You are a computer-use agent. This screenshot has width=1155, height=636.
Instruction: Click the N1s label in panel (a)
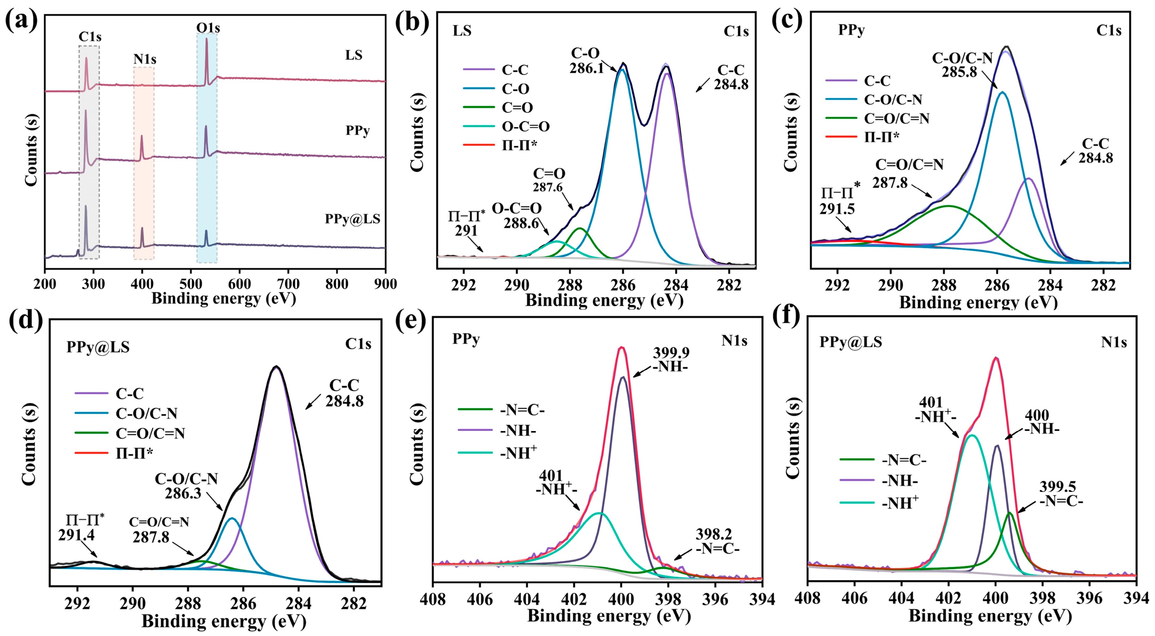pyautogui.click(x=144, y=59)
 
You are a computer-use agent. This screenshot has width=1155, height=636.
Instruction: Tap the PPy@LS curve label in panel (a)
pyautogui.click(x=353, y=219)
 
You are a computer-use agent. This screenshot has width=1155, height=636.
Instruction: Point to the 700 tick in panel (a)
pyautogui.click(x=288, y=284)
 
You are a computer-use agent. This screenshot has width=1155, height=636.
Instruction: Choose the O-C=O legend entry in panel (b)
pyautogui.click(x=525, y=127)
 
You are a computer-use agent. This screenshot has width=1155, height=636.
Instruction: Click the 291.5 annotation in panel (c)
pyautogui.click(x=837, y=209)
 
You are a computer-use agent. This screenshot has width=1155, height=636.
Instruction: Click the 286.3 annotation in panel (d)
pyautogui.click(x=183, y=494)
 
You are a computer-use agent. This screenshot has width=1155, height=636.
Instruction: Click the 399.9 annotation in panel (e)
pyautogui.click(x=671, y=353)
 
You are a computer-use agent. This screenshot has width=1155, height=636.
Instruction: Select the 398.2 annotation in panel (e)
pyautogui.click(x=713, y=534)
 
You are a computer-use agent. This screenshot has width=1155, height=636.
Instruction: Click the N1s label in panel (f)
pyautogui.click(x=1114, y=342)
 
